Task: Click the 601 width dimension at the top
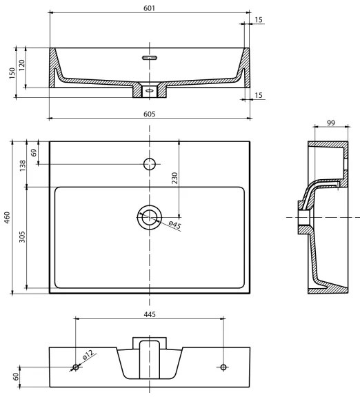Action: click(150, 8)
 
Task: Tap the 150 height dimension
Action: click(11, 72)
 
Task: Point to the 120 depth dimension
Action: click(22, 66)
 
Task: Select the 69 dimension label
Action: click(34, 152)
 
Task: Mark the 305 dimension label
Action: click(22, 237)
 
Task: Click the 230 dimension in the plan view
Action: click(175, 177)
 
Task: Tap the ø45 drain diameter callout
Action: click(174, 225)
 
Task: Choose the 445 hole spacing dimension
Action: click(150, 314)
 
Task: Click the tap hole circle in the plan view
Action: click(149, 164)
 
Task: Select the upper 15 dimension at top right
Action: click(258, 20)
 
